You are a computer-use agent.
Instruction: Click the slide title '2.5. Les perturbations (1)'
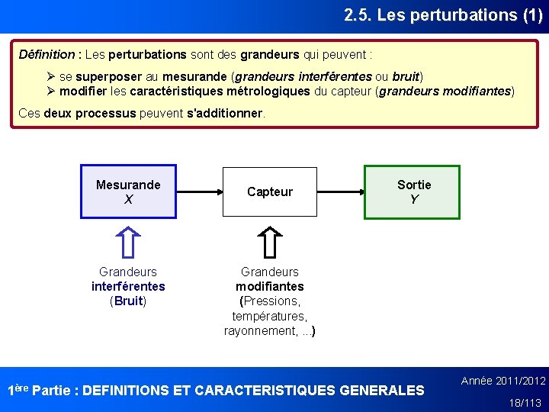(x=442, y=14)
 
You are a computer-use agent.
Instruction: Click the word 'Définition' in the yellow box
(x=47, y=55)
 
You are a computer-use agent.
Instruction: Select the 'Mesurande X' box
(x=128, y=192)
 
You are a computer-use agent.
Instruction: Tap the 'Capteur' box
(x=269, y=192)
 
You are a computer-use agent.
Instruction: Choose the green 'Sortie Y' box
(x=413, y=192)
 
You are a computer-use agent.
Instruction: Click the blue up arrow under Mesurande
(x=128, y=243)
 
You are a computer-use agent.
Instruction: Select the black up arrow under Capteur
(x=270, y=243)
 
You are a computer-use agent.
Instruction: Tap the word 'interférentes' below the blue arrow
(x=128, y=286)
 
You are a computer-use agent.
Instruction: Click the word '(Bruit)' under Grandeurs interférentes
(x=128, y=301)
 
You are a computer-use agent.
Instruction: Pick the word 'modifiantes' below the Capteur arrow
(x=270, y=286)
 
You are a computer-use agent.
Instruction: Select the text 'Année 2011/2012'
(x=503, y=381)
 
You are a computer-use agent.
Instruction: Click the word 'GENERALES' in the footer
(x=381, y=391)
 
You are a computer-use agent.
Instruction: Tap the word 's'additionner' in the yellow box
(x=225, y=114)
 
